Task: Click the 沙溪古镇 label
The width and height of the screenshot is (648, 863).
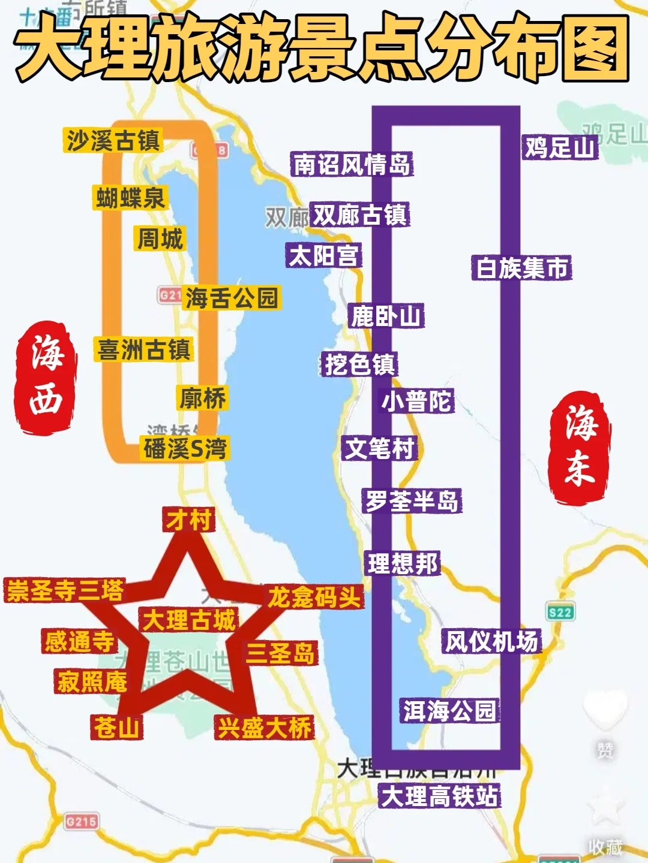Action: (x=113, y=141)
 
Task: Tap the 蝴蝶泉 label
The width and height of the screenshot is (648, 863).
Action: (x=130, y=198)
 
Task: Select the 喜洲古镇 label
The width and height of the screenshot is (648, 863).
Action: (x=144, y=350)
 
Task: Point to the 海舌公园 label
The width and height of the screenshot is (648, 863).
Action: (x=232, y=298)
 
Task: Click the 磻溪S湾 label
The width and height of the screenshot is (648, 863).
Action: (x=185, y=448)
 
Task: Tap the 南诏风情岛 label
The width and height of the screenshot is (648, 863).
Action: (x=352, y=164)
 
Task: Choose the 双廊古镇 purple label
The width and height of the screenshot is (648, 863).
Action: (x=360, y=215)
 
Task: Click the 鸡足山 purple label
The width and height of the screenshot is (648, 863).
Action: (x=560, y=147)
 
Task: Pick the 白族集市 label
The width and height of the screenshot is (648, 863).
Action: (x=522, y=268)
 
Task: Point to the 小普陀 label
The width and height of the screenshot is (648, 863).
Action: (x=417, y=401)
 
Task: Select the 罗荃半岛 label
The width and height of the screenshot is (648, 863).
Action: (x=412, y=501)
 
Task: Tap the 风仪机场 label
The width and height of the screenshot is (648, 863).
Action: (x=492, y=642)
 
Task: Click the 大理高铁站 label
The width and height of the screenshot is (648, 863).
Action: (x=440, y=796)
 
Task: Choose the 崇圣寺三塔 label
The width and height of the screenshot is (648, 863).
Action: (x=65, y=591)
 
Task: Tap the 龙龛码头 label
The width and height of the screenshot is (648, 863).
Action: (x=314, y=598)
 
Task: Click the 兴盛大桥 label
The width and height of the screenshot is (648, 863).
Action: (x=265, y=728)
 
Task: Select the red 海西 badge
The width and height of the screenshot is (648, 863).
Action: (x=46, y=376)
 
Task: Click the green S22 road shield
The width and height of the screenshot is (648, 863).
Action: (x=560, y=612)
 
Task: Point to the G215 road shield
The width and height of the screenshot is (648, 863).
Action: (x=82, y=822)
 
